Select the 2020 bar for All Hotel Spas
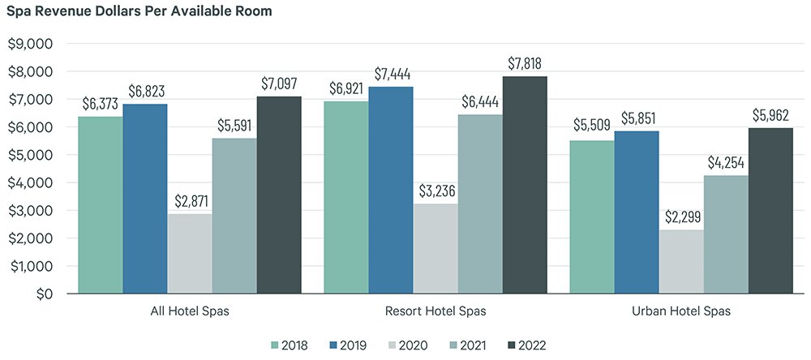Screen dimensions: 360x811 pos(190,253)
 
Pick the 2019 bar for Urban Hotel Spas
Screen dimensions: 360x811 pos(637,212)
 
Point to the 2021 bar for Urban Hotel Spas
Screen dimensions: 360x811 pos(726,234)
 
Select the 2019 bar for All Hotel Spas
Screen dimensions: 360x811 pos(145,199)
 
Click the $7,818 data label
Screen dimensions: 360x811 pos(525,63)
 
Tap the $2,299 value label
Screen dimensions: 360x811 pos(681,217)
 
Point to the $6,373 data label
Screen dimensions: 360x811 pos(101,104)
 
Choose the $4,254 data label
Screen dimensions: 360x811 pos(726,163)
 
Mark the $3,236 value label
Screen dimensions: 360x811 pos(436,191)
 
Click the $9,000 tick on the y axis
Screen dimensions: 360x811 pos(29,44)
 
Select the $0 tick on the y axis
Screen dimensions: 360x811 pos(41,294)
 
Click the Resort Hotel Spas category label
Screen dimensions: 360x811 pos(436,311)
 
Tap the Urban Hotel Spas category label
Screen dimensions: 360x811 pos(681,311)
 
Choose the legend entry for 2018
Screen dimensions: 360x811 pos(289,345)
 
